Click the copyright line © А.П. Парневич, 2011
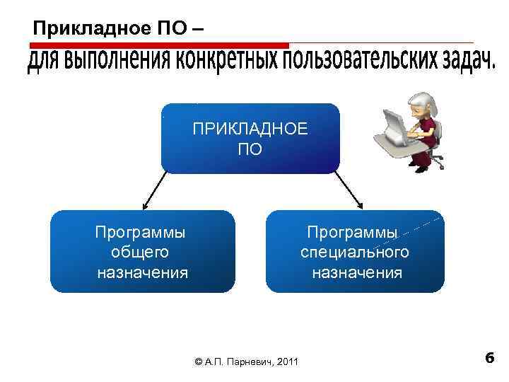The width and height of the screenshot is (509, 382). [x=245, y=362]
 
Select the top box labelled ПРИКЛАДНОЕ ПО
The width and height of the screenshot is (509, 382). [x=250, y=139]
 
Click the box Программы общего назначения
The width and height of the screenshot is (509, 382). [x=142, y=252]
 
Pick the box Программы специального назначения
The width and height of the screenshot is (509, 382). [x=355, y=252]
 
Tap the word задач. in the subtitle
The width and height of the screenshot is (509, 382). [x=461, y=62]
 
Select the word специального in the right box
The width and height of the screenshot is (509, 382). [x=355, y=252]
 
